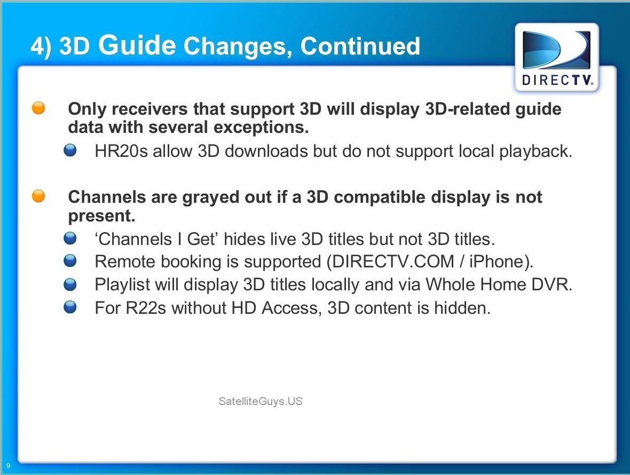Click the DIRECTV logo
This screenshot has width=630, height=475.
click(557, 58)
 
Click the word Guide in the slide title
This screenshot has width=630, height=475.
click(137, 45)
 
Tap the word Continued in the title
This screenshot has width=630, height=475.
click(360, 45)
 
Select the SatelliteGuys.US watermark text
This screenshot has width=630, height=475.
click(261, 401)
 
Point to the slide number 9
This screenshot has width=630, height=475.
click(8, 466)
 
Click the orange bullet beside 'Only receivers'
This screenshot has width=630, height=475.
click(38, 108)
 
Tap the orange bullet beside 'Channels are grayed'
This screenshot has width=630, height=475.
click(38, 196)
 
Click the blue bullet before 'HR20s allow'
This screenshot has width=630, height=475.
click(70, 151)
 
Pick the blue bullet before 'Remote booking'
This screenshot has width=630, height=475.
click(70, 261)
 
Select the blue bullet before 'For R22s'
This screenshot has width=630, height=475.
click(70, 307)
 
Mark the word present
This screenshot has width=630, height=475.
click(101, 217)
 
